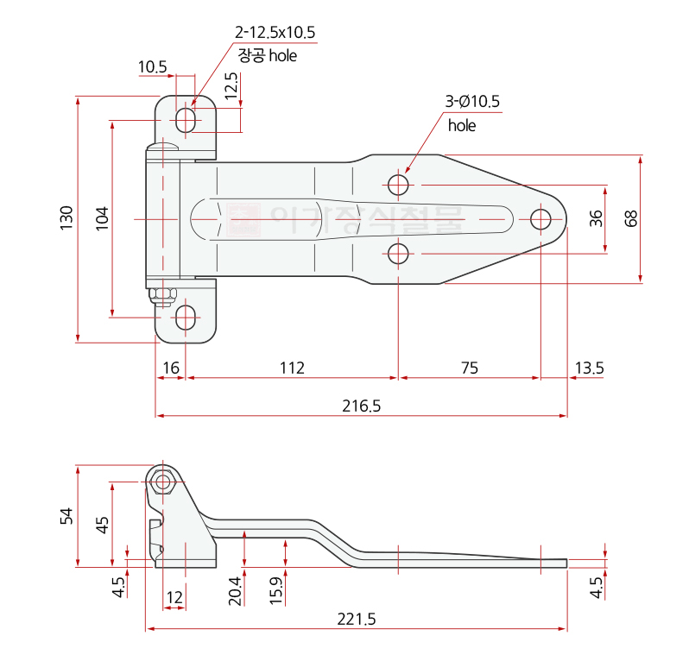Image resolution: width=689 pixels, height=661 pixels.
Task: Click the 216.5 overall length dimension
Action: pos(361,406)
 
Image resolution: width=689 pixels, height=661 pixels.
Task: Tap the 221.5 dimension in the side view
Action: pos(357,620)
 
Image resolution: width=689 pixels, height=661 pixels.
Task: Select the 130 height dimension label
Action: pos(66,217)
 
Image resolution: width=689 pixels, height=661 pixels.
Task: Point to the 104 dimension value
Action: pos(102,218)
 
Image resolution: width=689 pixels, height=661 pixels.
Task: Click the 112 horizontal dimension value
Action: pos(292,368)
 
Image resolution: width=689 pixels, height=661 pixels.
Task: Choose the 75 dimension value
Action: pos(470,368)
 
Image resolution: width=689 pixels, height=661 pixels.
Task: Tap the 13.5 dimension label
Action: pos(589,368)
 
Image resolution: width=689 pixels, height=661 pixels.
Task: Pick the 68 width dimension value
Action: pos(630,218)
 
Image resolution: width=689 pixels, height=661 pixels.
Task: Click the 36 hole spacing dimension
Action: pos(596,218)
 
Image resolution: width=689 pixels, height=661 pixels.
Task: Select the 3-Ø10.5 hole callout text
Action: pos(472,102)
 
